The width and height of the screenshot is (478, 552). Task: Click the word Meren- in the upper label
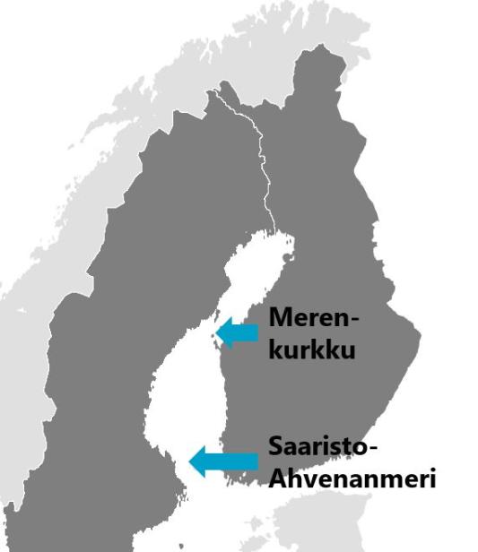(x=314, y=319)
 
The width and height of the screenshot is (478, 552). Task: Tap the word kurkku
(x=313, y=349)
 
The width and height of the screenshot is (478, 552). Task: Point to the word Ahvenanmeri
(x=352, y=479)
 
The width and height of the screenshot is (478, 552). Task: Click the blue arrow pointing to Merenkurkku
(x=239, y=332)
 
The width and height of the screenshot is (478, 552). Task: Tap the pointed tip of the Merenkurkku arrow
(x=218, y=332)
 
